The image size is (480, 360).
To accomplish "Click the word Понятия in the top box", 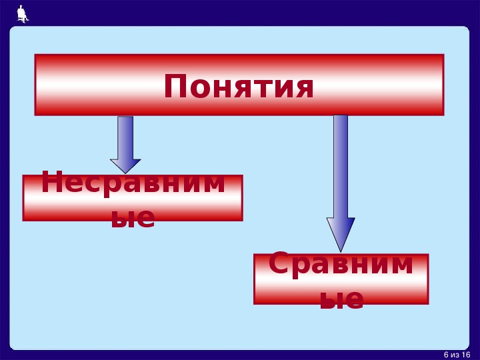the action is tap(239, 86).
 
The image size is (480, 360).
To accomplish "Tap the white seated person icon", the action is tap(23, 14).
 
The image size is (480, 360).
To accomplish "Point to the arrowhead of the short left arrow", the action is tap(125, 166).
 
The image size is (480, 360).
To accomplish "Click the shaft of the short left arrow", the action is tap(125, 138).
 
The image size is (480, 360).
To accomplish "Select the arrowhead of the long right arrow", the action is tap(341, 235).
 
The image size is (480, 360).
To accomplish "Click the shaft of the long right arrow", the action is tap(341, 167).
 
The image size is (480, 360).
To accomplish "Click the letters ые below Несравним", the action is tap(133, 217).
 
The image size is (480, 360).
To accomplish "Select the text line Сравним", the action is tap(341, 264).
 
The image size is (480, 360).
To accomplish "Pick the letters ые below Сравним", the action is tap(342, 299).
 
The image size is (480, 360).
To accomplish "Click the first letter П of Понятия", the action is tap(175, 86).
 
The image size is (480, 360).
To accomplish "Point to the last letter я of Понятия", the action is tap(303, 89).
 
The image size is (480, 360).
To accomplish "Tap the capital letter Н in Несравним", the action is tap(52, 182).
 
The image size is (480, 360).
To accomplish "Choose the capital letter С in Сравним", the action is tap(279, 263).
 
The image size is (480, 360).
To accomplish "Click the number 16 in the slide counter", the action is tap(465, 355).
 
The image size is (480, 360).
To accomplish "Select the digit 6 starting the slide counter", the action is tap(446, 355).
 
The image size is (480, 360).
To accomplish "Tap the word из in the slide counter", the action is tap(455, 355).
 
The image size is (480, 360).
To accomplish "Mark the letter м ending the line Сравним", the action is tap(399, 265).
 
